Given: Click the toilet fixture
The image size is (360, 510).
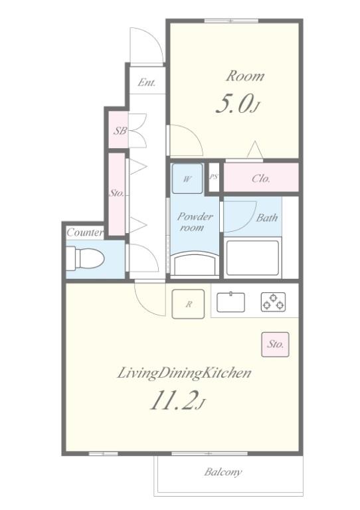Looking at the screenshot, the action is pos(85,258).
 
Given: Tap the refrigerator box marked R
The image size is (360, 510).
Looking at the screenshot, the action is pos(188,303).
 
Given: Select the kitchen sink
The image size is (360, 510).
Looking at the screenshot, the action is pos(231,302).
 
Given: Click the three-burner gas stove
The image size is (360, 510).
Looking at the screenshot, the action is pos(274,302).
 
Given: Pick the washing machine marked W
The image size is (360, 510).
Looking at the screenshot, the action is pos(187,179).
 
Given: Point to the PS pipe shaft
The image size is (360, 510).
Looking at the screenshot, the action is pos(214,177).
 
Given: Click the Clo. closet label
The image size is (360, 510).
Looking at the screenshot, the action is pos(261,179).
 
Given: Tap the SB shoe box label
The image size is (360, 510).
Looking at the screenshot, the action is pos(120,131).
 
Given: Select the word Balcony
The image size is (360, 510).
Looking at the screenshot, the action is pos(223,472).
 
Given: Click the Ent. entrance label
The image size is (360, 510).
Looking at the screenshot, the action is pos(146,82).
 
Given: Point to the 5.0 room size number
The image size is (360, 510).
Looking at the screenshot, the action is pos(234,105).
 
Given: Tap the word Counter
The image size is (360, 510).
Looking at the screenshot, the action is pos(85,232).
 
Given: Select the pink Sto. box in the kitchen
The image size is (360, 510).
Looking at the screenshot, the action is pos(275,344).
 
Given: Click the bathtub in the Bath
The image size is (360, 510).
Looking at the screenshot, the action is pos(252,258).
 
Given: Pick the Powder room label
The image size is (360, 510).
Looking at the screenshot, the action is pos(195,222).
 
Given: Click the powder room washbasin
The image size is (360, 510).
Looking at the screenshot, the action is pos(195,265).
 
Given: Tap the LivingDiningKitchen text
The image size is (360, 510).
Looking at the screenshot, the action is pos(184,373).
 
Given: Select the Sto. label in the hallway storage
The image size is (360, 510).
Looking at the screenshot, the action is pos(116,193).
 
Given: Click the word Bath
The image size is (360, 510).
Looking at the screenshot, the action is pos(266,218).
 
